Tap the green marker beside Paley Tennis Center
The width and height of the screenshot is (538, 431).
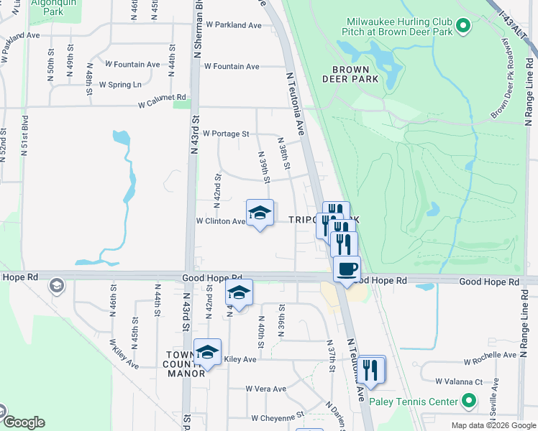click(x=469, y=401)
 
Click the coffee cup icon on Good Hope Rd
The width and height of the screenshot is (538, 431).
click(x=347, y=269)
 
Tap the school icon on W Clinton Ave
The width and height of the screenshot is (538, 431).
click(x=260, y=213)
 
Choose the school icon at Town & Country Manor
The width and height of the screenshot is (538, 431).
click(x=207, y=352)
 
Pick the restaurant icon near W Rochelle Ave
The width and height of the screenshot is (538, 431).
click(x=371, y=369)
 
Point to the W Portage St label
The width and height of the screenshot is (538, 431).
click(x=225, y=134)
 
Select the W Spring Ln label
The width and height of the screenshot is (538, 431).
click(x=120, y=85)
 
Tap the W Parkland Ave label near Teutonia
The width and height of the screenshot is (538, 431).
click(x=233, y=25)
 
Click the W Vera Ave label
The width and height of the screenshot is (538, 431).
click(x=265, y=389)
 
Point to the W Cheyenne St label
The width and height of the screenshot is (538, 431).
click(x=278, y=417)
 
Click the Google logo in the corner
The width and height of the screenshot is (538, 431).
click(x=23, y=422)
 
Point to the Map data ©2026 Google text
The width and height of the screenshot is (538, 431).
click(x=493, y=425)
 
